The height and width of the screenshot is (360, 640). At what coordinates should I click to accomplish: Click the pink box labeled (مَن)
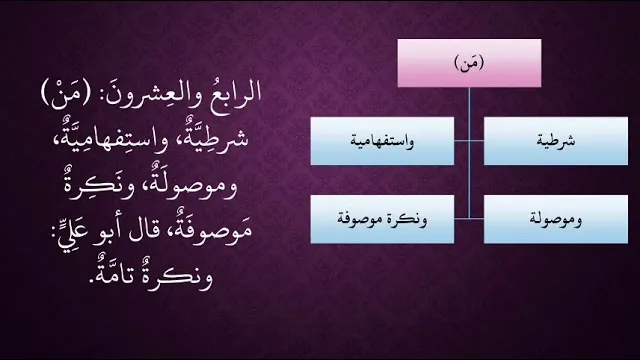(469, 63)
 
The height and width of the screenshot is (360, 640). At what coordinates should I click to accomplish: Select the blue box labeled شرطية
(556, 141)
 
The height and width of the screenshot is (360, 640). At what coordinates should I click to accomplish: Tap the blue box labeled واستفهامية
(382, 141)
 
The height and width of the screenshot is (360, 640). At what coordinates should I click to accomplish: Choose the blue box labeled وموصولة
(556, 219)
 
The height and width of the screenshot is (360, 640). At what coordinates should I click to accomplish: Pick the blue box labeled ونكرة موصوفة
(382, 219)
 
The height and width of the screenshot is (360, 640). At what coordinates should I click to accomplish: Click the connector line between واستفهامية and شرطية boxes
(469, 141)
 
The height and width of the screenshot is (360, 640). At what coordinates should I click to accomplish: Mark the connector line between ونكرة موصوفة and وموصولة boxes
(469, 219)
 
